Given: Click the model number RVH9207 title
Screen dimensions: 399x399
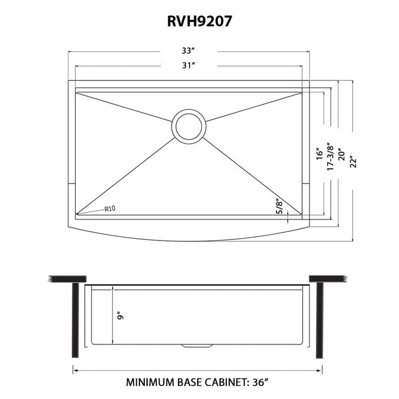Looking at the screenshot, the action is [199, 21].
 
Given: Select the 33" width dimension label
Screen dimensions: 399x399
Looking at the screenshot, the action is [188, 51].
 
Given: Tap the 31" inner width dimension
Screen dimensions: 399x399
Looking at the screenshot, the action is [188, 66].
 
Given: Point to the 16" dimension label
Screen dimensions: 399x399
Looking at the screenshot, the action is [320, 154].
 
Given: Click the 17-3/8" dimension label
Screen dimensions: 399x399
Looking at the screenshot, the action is [330, 156].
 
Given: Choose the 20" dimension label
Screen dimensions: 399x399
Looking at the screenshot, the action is [341, 154].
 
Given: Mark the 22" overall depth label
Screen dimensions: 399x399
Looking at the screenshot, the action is [353, 161].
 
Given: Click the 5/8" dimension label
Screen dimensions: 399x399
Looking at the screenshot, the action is [280, 206].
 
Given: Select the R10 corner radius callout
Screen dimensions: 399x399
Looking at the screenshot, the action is [110, 209].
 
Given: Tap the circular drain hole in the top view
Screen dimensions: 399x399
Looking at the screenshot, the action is [189, 127].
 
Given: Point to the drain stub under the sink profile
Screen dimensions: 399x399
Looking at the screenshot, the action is [197, 346].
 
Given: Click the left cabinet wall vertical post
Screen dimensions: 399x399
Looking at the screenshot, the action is [76, 320].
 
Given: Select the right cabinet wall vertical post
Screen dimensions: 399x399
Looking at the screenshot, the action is [320, 320].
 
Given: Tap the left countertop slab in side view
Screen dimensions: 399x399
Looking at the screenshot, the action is [67, 279].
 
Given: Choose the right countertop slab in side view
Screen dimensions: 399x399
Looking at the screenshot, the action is [328, 279].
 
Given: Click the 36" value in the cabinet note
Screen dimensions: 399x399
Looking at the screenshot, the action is [260, 382].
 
